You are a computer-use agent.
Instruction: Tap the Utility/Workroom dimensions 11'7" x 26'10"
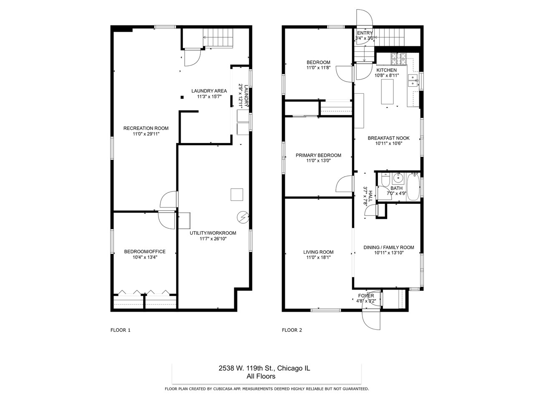coord(213,239)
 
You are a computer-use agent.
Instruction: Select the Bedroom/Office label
coord(145,252)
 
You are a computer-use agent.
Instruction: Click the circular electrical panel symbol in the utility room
coord(242,217)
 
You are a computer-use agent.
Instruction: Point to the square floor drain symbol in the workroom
coord(237,195)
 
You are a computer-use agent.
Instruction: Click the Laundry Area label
coord(209,91)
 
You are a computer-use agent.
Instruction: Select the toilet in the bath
coord(385,180)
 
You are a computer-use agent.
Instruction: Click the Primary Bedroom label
coord(318,155)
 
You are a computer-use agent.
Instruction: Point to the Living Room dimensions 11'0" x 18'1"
coord(318,257)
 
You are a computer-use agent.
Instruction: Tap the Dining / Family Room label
coord(388,247)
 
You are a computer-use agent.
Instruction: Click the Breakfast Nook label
coord(388,138)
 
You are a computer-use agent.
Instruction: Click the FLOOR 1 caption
coord(121,330)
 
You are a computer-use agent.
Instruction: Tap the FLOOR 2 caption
coord(292,330)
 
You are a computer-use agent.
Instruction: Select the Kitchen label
coord(386,70)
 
